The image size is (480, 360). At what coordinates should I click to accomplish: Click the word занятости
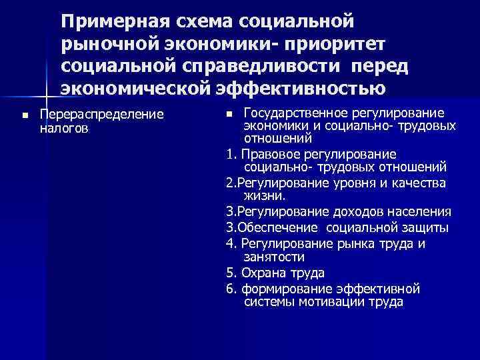point(274,257)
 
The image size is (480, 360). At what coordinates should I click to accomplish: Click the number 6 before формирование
point(230,288)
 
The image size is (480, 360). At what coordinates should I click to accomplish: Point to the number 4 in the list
point(230,243)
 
